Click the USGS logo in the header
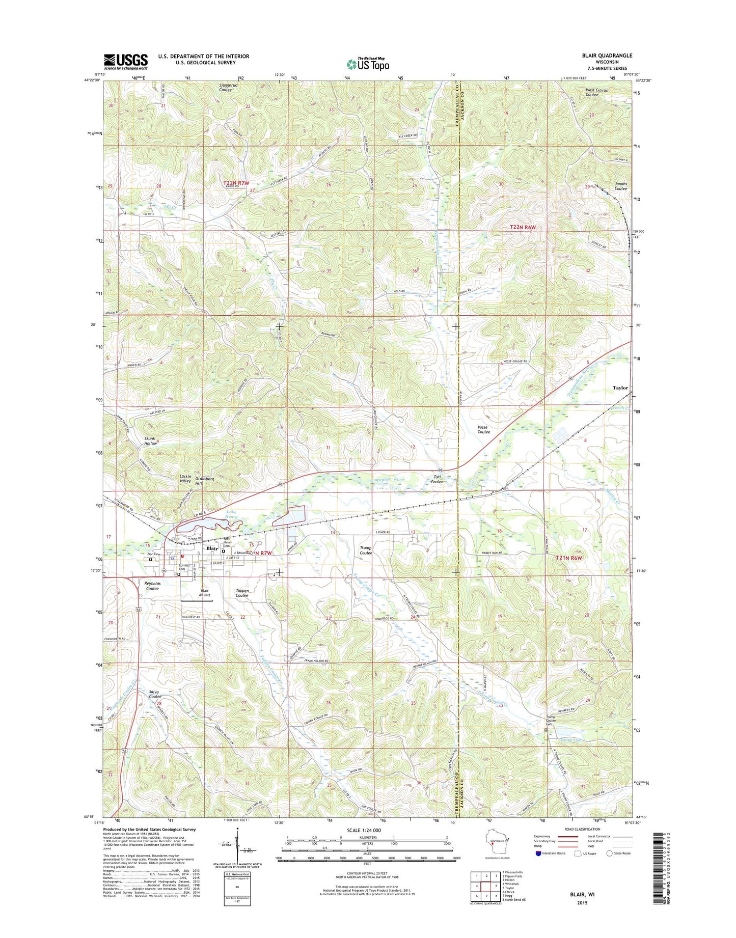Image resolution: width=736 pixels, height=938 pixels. (x=126, y=62)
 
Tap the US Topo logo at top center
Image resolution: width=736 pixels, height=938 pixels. (x=368, y=64)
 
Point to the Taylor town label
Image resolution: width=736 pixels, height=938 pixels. (x=620, y=388)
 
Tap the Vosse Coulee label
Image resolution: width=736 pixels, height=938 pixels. (x=483, y=429)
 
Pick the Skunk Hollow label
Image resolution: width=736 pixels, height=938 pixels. (x=150, y=441)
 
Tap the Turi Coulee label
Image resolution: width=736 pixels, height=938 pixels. (x=437, y=479)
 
